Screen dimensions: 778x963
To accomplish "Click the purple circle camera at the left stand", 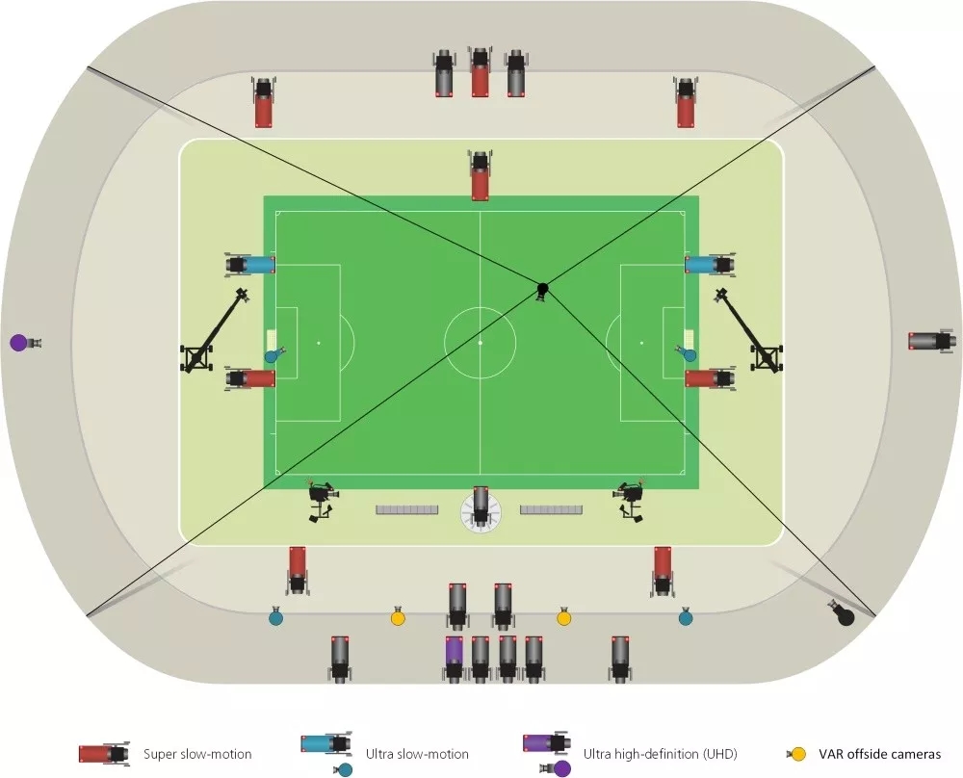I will point(18,342).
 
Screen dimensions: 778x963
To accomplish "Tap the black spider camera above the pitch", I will point(542,289).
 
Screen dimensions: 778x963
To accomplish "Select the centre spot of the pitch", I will point(480,342).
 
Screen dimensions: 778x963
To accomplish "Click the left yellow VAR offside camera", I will point(398,617).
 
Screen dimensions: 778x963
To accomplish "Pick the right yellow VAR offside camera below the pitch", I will point(564,617).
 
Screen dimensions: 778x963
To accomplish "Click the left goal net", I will point(271,341).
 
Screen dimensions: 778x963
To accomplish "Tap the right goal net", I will point(690,341).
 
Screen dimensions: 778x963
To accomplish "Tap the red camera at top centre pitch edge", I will point(480,177).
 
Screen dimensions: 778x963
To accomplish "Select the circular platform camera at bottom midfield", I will point(480,507).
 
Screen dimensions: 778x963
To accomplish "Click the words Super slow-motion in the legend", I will point(197,754).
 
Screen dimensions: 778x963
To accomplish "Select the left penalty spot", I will point(319,342).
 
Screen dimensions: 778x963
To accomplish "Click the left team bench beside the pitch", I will point(407,508).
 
